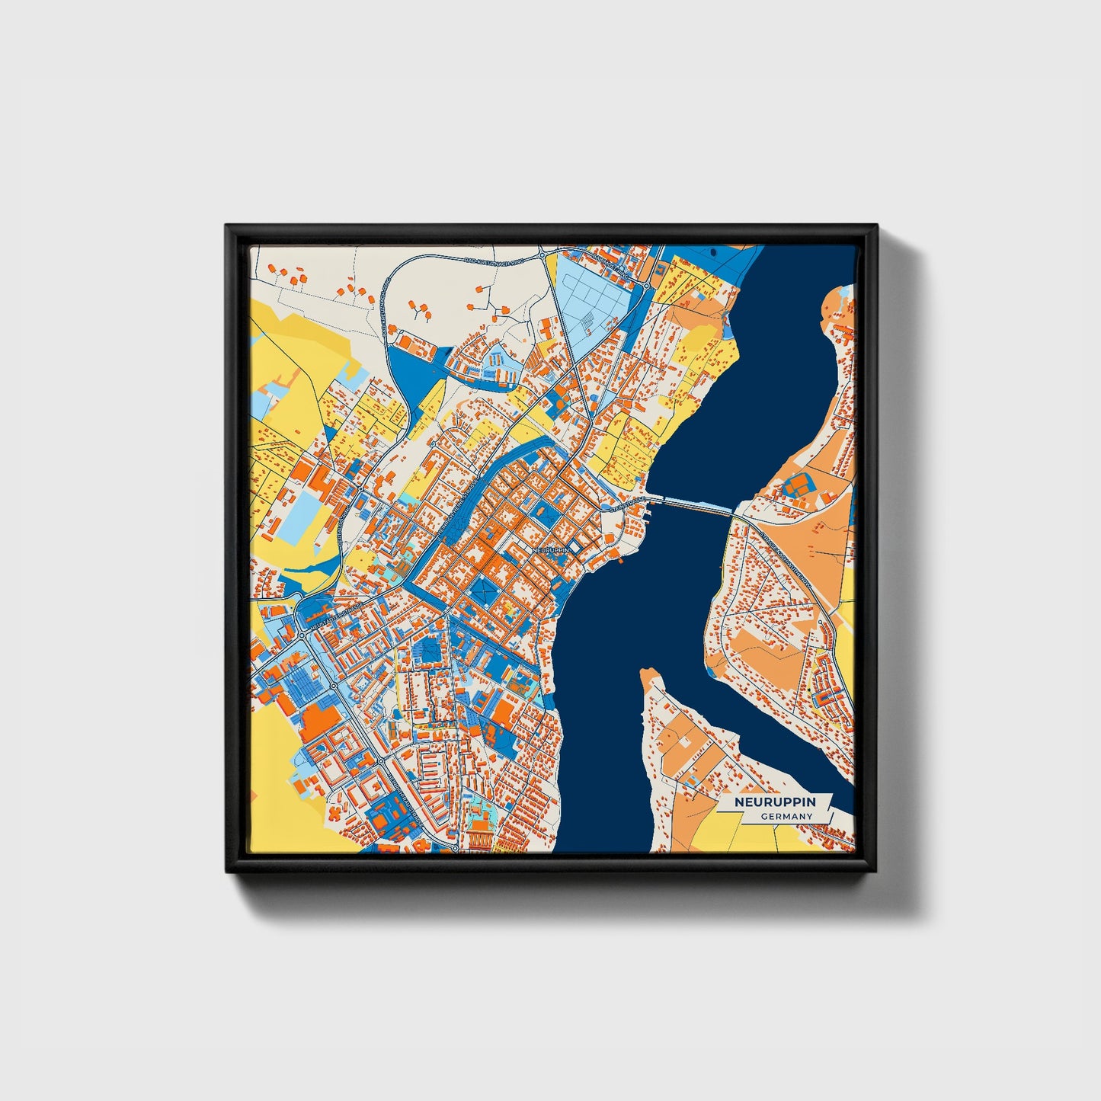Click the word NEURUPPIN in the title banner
(774, 802)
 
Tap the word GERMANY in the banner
(786, 816)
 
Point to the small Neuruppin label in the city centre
(552, 549)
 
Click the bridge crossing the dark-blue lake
(693, 505)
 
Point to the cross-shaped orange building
(335, 813)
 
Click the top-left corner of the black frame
(227, 226)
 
